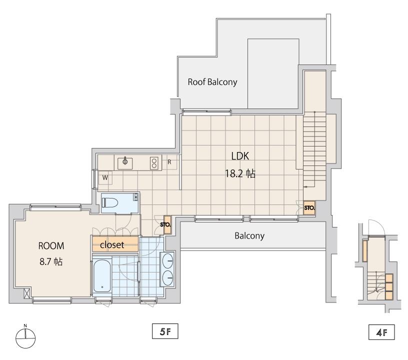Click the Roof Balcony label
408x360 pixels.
[x=212, y=82]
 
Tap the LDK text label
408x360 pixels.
[x=240, y=156]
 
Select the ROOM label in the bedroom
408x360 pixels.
[x=51, y=246]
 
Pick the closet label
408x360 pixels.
[x=112, y=245]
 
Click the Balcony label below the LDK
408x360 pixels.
[x=249, y=236]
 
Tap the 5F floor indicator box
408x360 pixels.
[x=165, y=331]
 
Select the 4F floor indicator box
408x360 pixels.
[x=381, y=332]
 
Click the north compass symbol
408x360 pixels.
[x=25, y=337]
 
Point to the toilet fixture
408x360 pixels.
[x=110, y=202]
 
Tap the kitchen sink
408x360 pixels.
[x=125, y=163]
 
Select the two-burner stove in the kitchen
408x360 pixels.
[x=154, y=163]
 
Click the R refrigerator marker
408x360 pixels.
[x=169, y=162]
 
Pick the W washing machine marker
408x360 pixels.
[x=105, y=178]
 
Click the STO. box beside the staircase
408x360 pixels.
[x=309, y=208]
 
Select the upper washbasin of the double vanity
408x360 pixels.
[x=168, y=260]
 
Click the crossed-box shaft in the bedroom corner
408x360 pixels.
[x=27, y=292]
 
